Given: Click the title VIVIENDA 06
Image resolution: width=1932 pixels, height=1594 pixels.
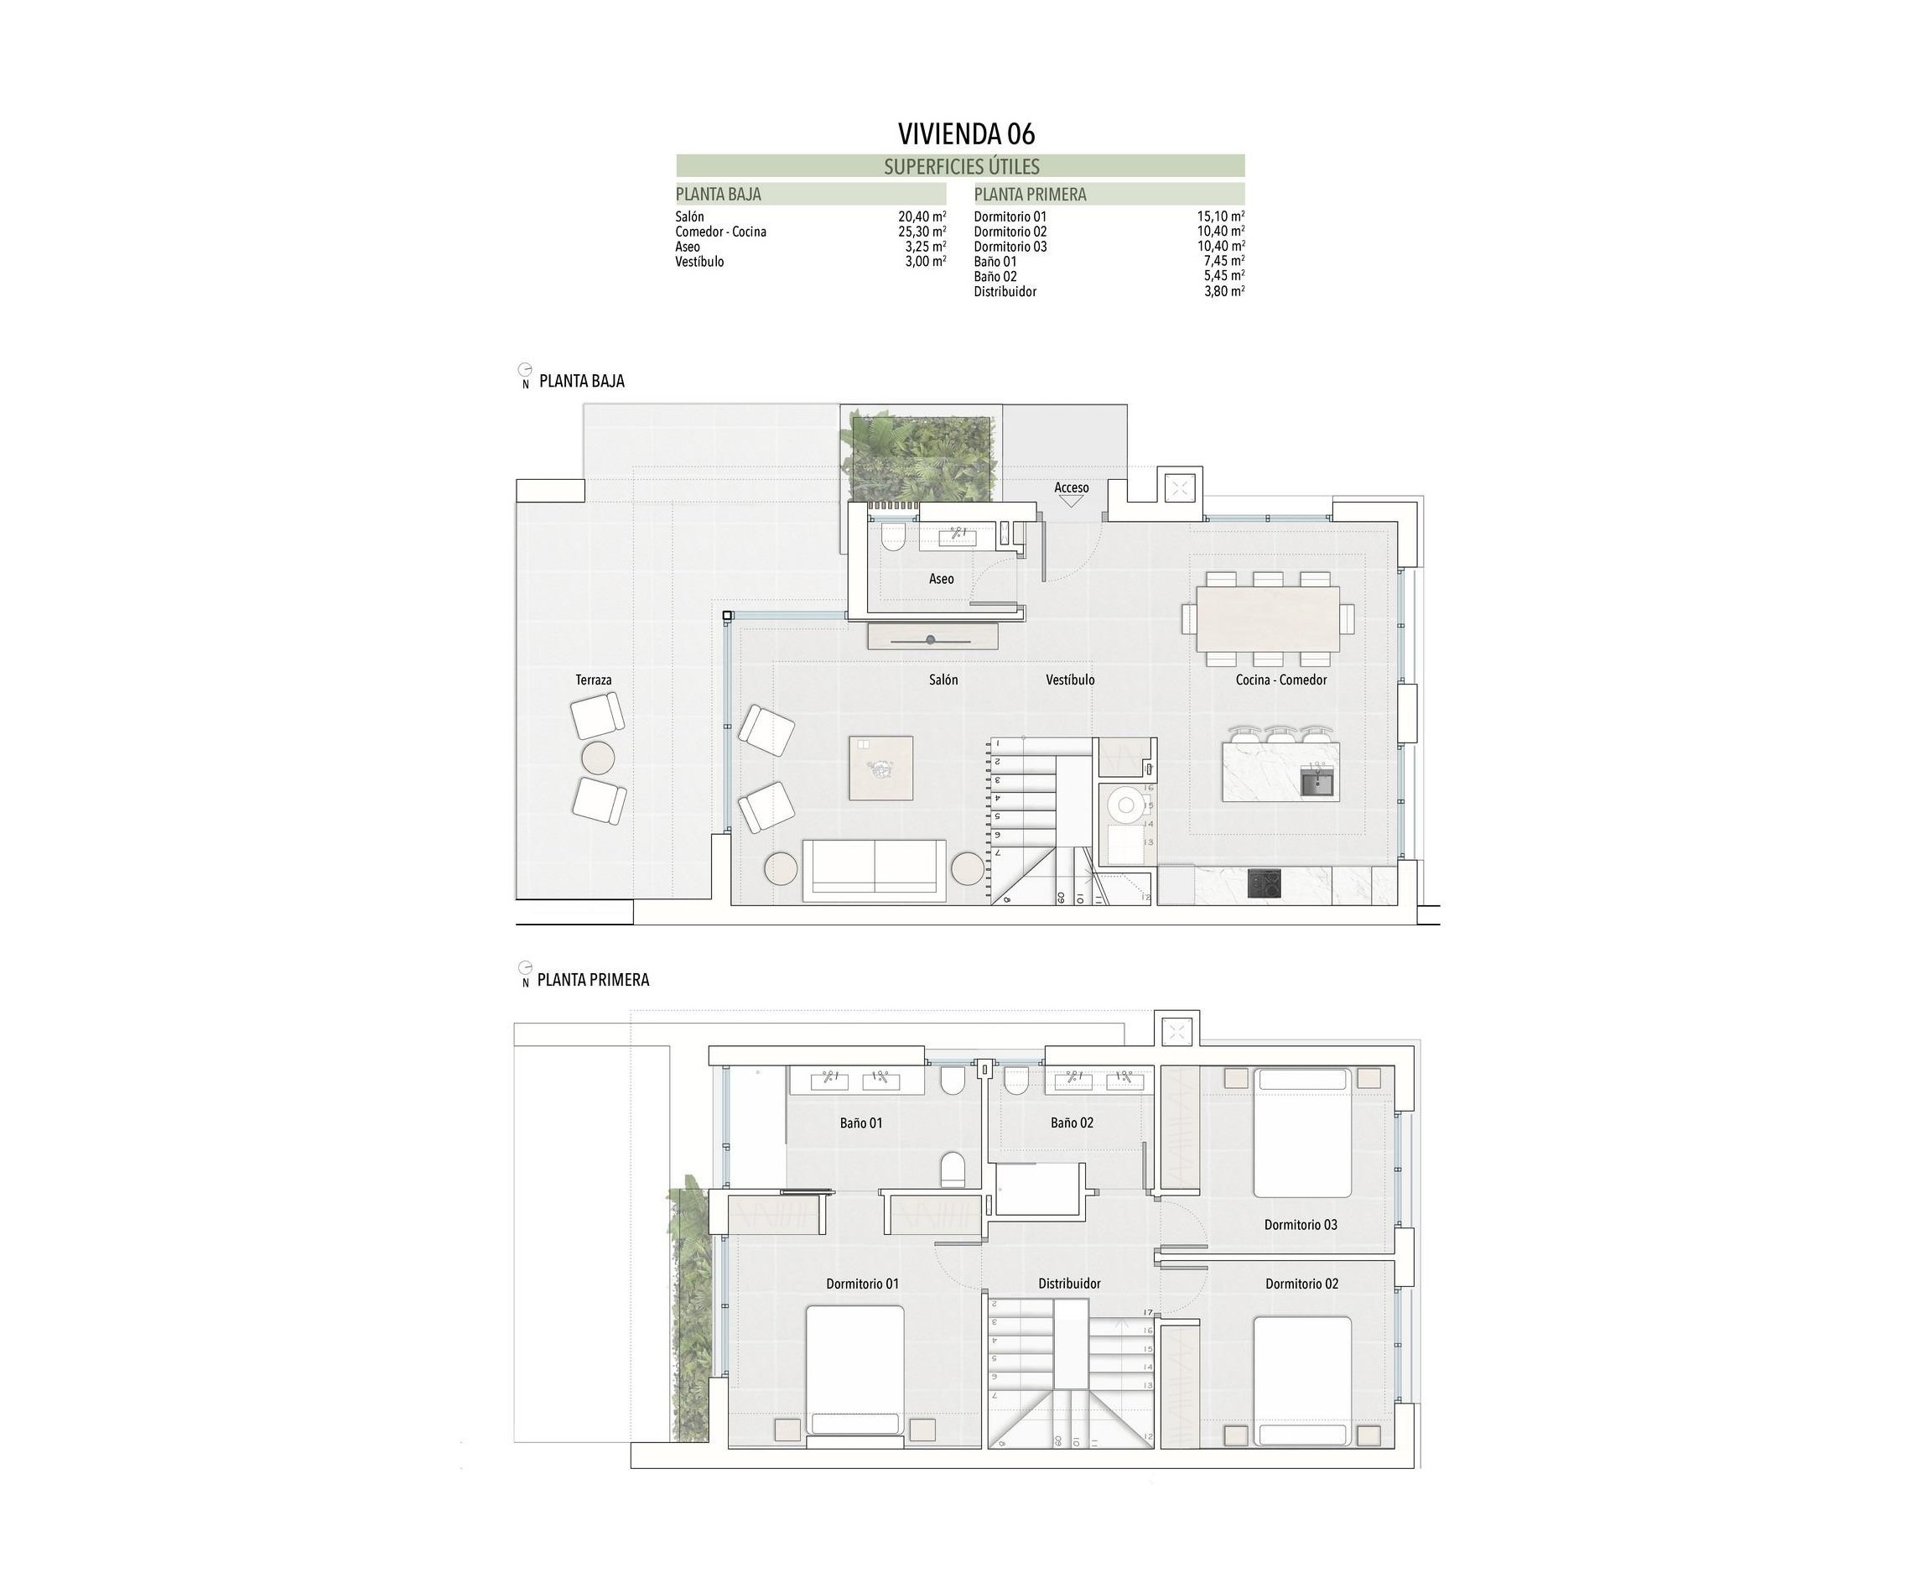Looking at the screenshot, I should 965,134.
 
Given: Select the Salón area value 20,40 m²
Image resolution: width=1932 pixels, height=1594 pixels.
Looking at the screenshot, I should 922,216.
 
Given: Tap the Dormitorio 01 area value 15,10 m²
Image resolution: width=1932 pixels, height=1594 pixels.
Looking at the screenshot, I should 1220,216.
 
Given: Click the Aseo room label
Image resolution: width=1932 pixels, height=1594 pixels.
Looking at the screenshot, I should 941,579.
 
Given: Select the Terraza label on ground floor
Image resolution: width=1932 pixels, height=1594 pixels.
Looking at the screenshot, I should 593,680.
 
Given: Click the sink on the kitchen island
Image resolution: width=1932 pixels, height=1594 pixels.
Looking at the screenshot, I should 1318,784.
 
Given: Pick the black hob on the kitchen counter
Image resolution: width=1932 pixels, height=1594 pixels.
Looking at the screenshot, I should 1264,885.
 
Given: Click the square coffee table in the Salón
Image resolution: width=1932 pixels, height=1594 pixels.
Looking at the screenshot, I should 880,768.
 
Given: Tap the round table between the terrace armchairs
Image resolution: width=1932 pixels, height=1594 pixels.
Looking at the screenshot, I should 598,758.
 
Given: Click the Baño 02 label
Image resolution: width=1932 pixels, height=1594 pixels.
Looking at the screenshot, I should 1071,1122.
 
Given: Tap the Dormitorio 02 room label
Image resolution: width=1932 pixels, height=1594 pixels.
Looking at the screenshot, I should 1301,1284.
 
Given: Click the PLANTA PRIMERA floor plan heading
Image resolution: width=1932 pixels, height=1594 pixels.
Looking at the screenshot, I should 593,980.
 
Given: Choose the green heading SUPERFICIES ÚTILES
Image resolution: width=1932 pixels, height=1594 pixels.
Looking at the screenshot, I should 961,166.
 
